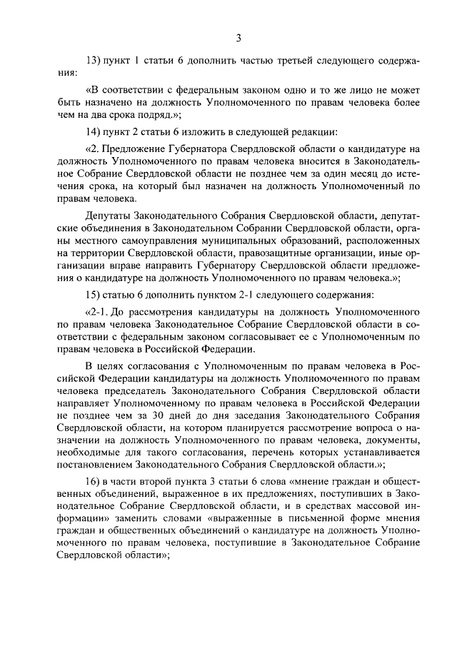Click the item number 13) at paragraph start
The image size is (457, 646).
[94, 61]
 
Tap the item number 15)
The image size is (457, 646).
[94, 295]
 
